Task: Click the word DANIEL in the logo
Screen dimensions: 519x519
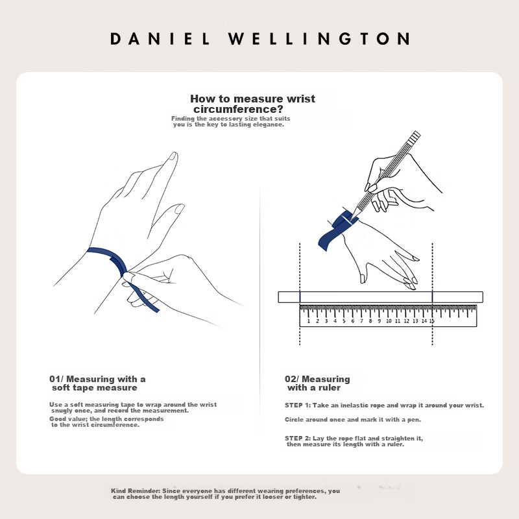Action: click(x=160, y=39)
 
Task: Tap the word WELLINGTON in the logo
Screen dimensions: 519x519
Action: click(x=319, y=39)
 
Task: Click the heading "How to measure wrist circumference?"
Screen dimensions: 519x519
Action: click(x=252, y=104)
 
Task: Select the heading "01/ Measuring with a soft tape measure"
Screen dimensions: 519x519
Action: click(x=97, y=383)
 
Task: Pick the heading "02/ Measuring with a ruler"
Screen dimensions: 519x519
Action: click(x=317, y=383)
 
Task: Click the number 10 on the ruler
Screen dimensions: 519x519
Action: click(x=389, y=320)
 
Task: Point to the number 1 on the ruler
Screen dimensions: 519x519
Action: click(x=309, y=320)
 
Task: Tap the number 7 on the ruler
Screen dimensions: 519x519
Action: click(x=361, y=320)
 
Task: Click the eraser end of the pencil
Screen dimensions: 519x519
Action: click(x=415, y=135)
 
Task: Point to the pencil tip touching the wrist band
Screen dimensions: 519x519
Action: click(x=352, y=219)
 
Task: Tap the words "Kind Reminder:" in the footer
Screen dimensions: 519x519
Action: click(x=136, y=491)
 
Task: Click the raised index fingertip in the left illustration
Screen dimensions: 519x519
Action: click(x=173, y=156)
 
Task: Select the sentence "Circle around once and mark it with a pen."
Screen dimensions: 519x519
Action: click(x=353, y=419)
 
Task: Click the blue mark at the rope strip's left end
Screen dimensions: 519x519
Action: click(x=300, y=297)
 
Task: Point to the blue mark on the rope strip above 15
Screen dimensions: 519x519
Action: click(x=432, y=297)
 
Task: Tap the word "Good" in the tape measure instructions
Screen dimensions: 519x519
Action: click(x=58, y=418)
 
